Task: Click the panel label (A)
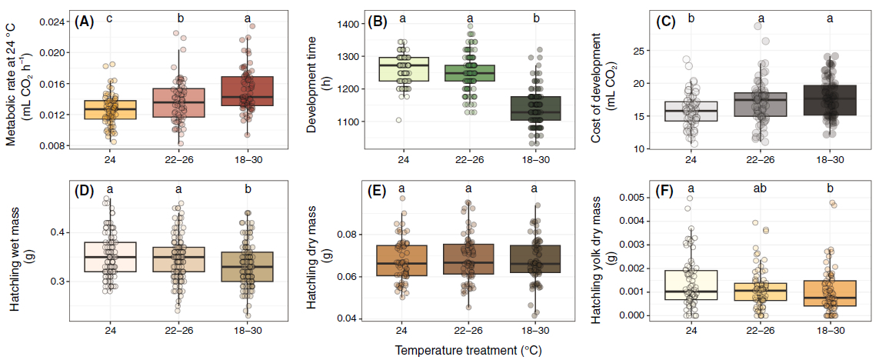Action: [84, 22]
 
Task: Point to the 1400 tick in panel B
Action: [348, 25]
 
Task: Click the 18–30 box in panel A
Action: [248, 91]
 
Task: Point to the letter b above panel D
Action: [248, 187]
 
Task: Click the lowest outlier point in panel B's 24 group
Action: [398, 120]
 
